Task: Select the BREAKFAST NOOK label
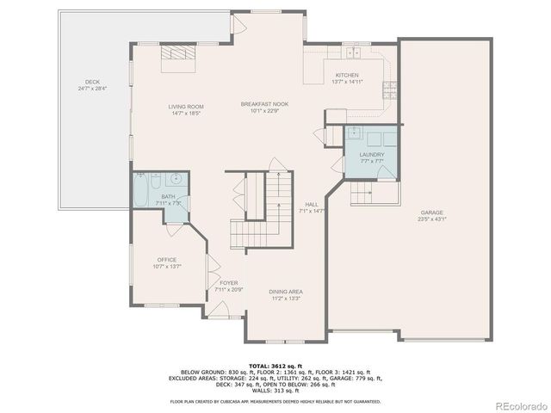[x=263, y=103]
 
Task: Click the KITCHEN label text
[x=347, y=75]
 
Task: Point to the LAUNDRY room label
[x=372, y=155]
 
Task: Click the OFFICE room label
[x=166, y=260]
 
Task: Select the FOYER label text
[x=228, y=283]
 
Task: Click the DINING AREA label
[x=285, y=293]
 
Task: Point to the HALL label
[x=311, y=204]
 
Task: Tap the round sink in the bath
[x=175, y=180]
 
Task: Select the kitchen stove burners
[x=389, y=88]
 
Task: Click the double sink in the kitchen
[x=354, y=49]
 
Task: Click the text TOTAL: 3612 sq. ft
[x=275, y=366]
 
